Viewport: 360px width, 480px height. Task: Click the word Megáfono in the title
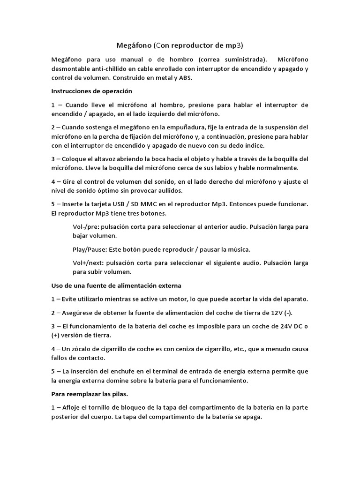[134, 45]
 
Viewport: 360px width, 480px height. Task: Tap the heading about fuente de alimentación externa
[116, 285]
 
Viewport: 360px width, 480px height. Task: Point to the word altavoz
[104, 159]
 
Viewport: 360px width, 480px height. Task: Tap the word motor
[180, 299]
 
